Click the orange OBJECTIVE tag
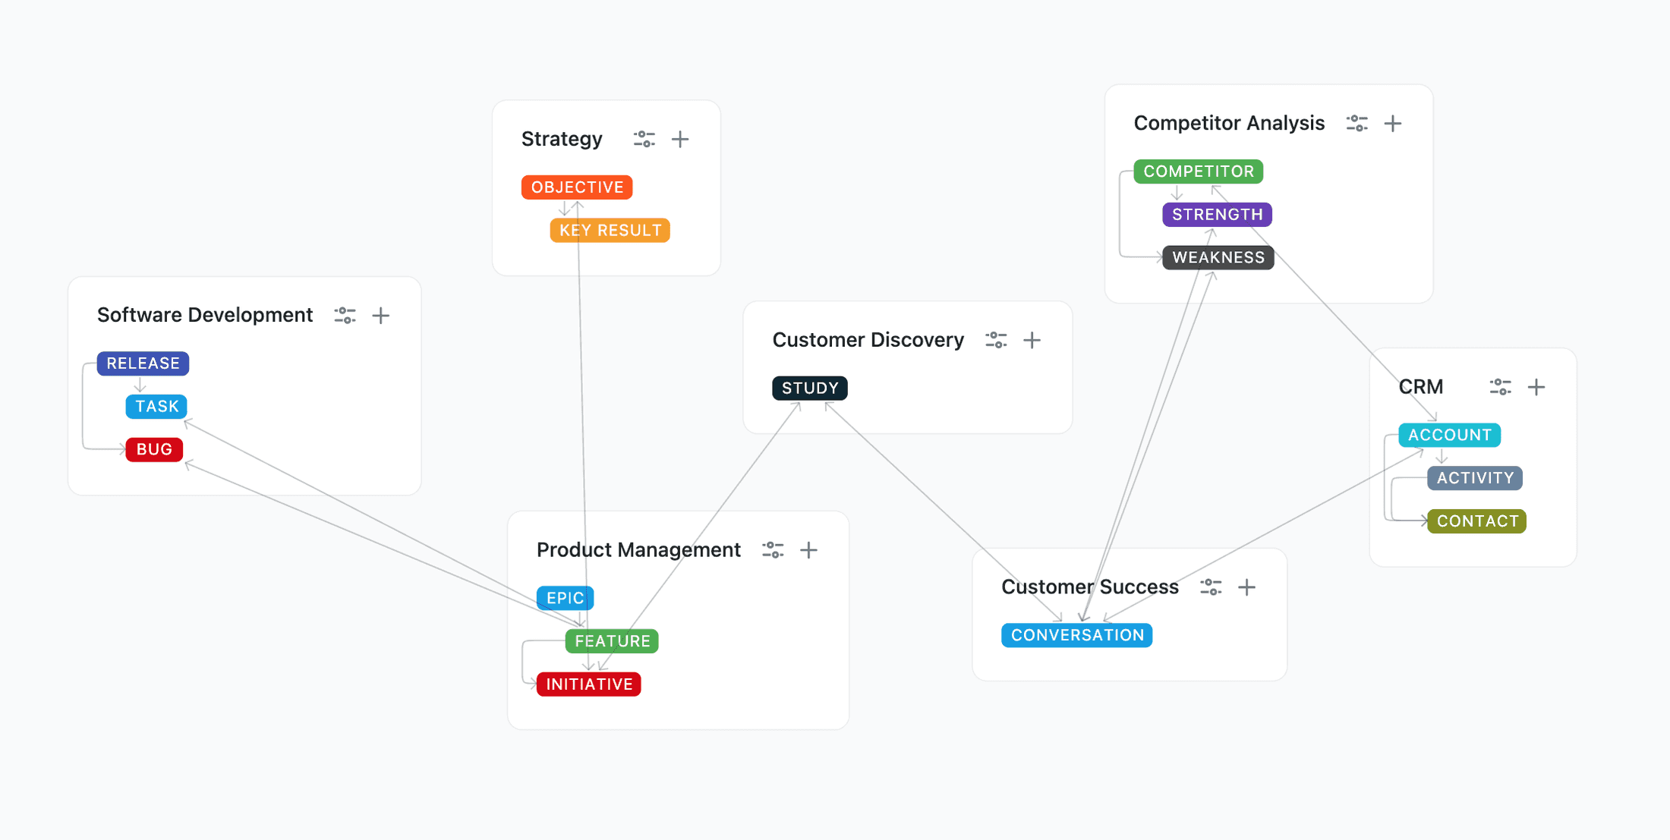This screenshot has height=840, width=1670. coord(577,187)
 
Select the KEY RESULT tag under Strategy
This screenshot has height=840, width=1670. coord(610,231)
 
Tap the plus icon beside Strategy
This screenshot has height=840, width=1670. coord(680,140)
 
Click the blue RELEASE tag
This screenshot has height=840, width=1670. coord(143,363)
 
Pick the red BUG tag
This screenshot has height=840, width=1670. coord(154,449)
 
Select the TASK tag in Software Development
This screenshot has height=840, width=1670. coord(156,407)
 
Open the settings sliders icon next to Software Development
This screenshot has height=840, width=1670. coord(345,316)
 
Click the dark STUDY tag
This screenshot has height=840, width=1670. coord(809,389)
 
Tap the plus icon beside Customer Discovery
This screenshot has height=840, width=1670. coord(1032,341)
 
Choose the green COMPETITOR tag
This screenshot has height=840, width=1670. coord(1198,171)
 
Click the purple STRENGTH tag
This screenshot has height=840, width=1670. coord(1217,215)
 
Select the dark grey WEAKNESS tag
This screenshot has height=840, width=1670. coord(1218,258)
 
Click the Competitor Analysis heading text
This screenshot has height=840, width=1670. coord(1229,124)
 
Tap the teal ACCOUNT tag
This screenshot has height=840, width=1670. coord(1449,436)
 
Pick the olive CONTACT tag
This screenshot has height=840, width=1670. coord(1476,521)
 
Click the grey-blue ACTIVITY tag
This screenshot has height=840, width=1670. coord(1474,478)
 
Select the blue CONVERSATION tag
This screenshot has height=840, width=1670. coord(1076,635)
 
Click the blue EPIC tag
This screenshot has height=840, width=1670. coord(565,598)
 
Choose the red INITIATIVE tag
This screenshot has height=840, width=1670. coord(588,684)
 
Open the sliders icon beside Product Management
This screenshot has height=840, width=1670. coord(773,550)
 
